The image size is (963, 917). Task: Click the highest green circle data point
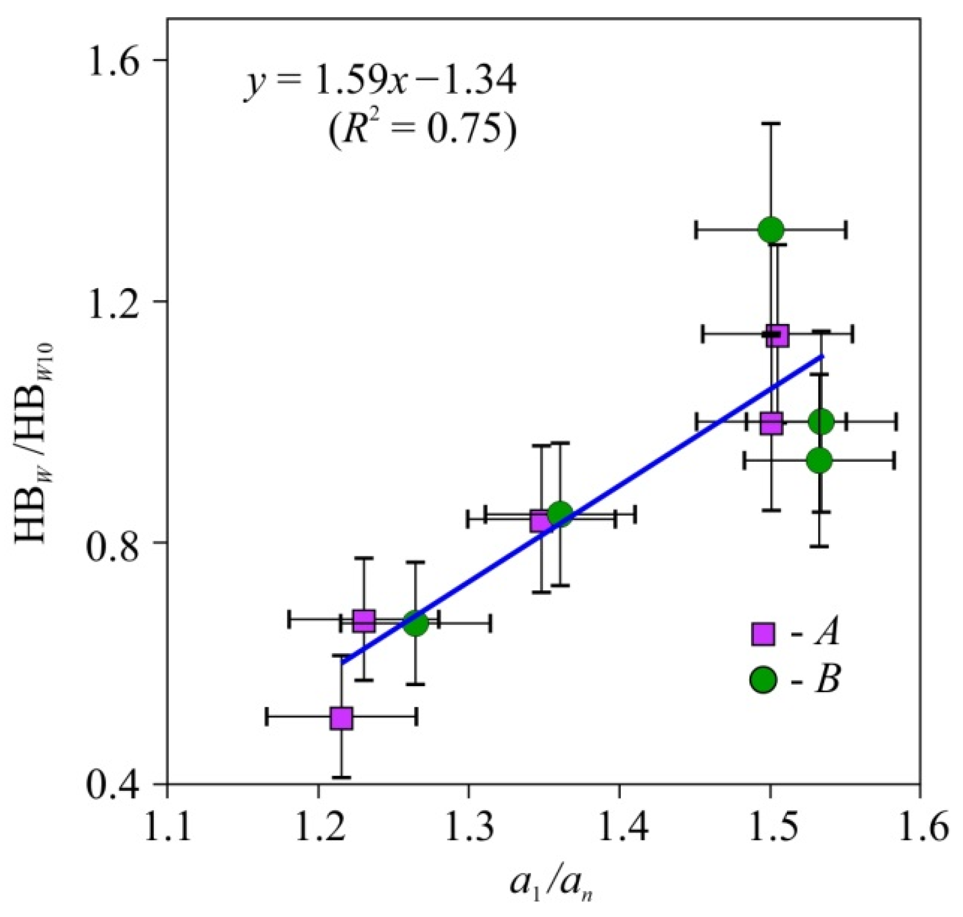coord(771,230)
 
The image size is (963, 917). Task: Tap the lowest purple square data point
coord(342,717)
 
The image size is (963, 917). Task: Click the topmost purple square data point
coord(777,335)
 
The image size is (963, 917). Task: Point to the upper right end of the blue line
coord(823,356)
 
